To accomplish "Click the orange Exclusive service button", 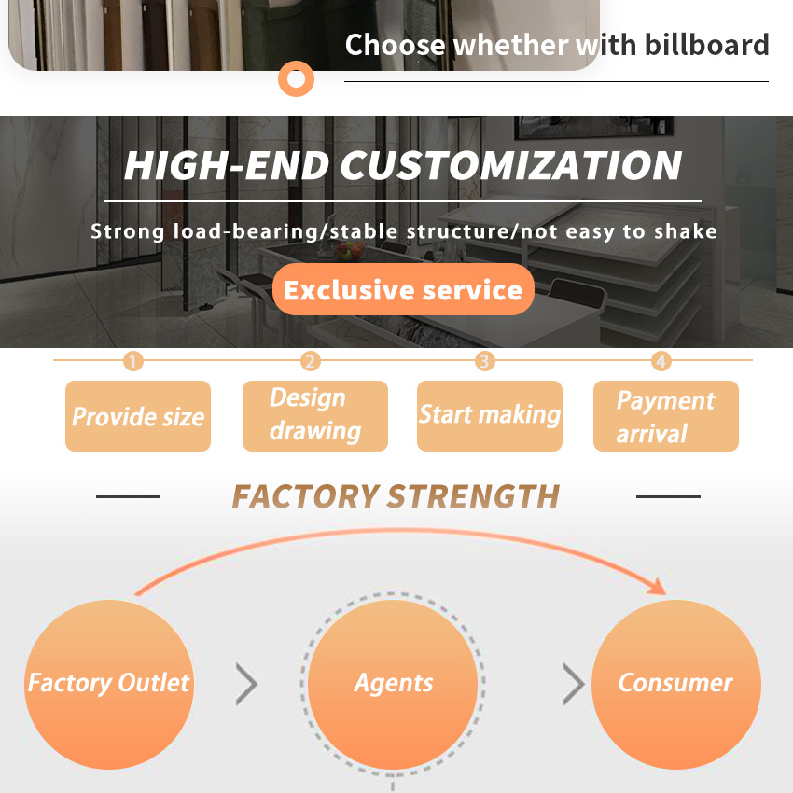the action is pyautogui.click(x=403, y=289).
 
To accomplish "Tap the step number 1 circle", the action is pyautogui.click(x=133, y=361).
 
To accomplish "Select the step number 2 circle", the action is pyautogui.click(x=310, y=361).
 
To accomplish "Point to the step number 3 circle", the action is pyautogui.click(x=484, y=361).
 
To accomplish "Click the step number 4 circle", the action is pyautogui.click(x=661, y=361).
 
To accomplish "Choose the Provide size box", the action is pyautogui.click(x=138, y=416).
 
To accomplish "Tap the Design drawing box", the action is pyautogui.click(x=315, y=416).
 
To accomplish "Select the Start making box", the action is pyautogui.click(x=490, y=416).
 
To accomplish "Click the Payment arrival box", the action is pyautogui.click(x=665, y=416).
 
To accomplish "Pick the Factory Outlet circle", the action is pyautogui.click(x=109, y=685).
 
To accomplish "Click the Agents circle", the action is pyautogui.click(x=393, y=685).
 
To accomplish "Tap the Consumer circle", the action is pyautogui.click(x=676, y=685).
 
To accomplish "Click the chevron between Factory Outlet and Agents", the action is pyautogui.click(x=247, y=684).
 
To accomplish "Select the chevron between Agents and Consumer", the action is pyautogui.click(x=574, y=684).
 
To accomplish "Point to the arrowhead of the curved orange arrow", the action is pyautogui.click(x=658, y=587).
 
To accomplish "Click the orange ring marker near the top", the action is pyautogui.click(x=296, y=79).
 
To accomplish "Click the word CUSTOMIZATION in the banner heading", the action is pyautogui.click(x=511, y=165).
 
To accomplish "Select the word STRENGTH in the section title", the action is pyautogui.click(x=474, y=496).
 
